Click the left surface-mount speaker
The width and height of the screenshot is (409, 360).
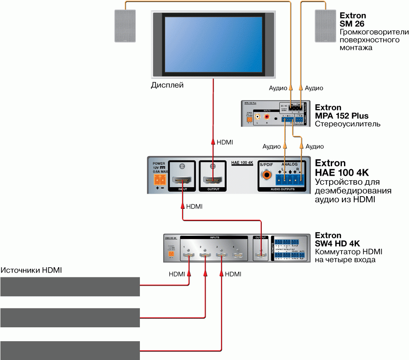(124, 26)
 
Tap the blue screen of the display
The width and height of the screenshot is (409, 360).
(213, 44)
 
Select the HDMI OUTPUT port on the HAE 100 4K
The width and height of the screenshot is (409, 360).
(213, 179)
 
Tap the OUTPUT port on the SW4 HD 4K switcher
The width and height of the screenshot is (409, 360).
(261, 256)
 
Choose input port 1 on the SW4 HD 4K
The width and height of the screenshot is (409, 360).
(188, 256)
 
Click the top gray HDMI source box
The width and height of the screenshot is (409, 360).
(70, 286)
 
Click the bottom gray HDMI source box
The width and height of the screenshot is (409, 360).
(70, 350)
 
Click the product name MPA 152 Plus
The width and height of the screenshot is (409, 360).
(342, 116)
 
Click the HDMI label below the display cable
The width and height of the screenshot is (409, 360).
(225, 142)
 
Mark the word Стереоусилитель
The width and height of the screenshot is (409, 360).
(348, 124)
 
